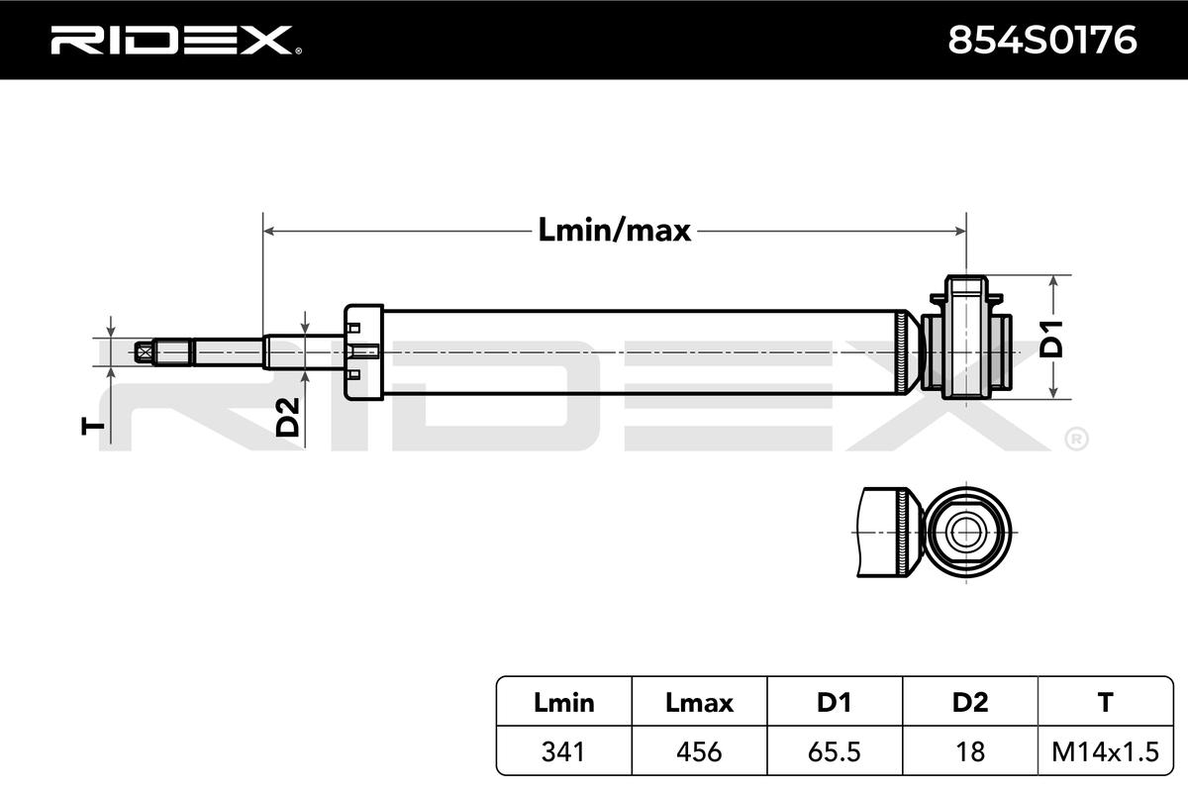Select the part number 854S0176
pyautogui.click(x=1042, y=40)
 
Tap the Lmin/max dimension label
pyautogui.click(x=614, y=231)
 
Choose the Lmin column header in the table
pyautogui.click(x=564, y=703)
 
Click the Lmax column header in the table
pyautogui.click(x=699, y=703)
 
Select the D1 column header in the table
pyautogui.click(x=834, y=703)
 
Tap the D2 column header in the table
pyautogui.click(x=969, y=703)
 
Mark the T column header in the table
pyautogui.click(x=1105, y=703)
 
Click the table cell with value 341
pyautogui.click(x=564, y=751)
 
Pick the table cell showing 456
pyautogui.click(x=699, y=751)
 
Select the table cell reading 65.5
pyautogui.click(x=834, y=751)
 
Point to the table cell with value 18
pyautogui.click(x=969, y=751)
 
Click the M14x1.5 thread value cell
pyautogui.click(x=1105, y=751)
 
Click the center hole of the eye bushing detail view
pyautogui.click(x=963, y=532)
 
